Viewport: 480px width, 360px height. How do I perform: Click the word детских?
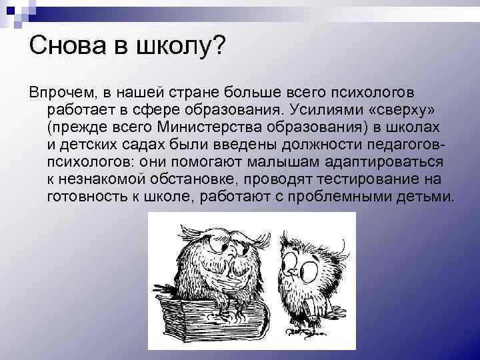pyautogui.click(x=85, y=144)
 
